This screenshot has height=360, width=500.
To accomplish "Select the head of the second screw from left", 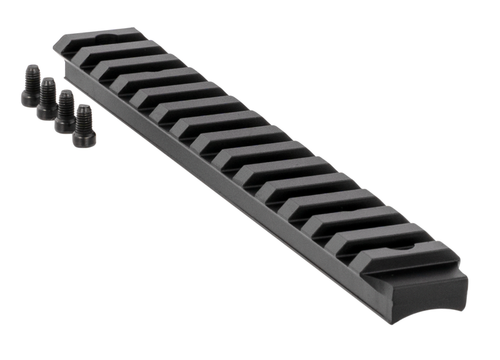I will point(46,110).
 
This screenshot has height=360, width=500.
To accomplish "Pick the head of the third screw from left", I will point(63,122).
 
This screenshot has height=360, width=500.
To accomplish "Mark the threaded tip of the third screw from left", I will point(64,94).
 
